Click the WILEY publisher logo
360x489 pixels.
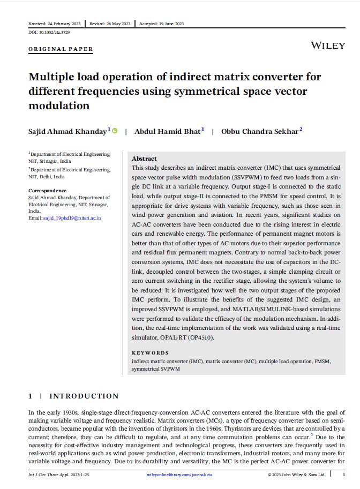pos(328,46)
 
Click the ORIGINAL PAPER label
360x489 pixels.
pos(61,49)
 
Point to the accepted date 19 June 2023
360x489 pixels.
pos(161,24)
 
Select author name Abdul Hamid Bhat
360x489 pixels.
pos(168,132)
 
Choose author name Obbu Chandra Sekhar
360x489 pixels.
pos(260,132)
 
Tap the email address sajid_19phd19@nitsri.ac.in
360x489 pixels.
pos(72,218)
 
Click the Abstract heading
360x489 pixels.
pos(144,159)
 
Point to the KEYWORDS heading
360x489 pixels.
pos(150,353)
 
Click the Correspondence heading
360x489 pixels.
pos(47,191)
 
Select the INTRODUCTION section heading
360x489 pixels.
pos(84,396)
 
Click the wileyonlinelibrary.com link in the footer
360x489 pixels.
pos(179,475)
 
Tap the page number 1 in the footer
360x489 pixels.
pos(343,475)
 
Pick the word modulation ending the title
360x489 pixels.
pos(59,106)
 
